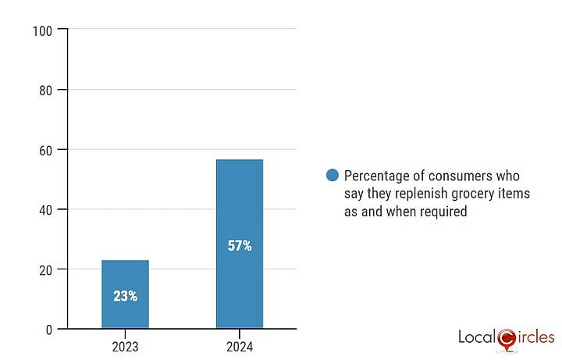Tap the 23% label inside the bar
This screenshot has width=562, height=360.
tap(125, 296)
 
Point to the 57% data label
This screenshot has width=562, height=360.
tap(240, 246)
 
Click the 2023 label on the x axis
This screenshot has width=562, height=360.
tap(125, 344)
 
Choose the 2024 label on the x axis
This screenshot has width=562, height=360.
tap(240, 344)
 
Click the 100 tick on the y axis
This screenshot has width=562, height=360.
tap(43, 30)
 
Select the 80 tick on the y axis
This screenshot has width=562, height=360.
tap(46, 90)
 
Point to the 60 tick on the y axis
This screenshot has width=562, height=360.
tap(46, 150)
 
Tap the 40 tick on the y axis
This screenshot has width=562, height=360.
tap(46, 209)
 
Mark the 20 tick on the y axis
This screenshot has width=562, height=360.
tap(46, 269)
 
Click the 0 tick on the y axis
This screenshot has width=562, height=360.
tap(49, 329)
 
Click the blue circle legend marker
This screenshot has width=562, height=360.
tap(333, 175)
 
